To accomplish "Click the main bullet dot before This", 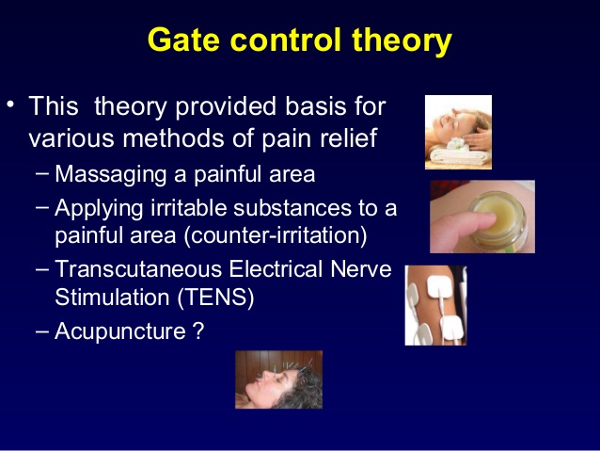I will tap(10, 100).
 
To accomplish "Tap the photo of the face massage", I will tap(458, 131).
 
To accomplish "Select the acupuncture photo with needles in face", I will tap(278, 379).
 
